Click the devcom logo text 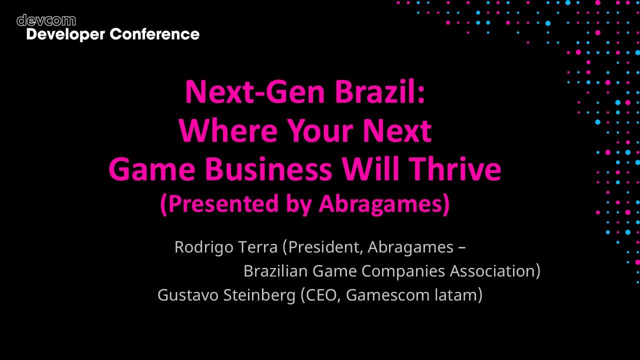click(46, 20)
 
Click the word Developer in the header click(65, 34)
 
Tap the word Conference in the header click(154, 34)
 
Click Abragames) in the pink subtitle click(384, 204)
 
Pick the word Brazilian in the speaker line click(275, 271)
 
